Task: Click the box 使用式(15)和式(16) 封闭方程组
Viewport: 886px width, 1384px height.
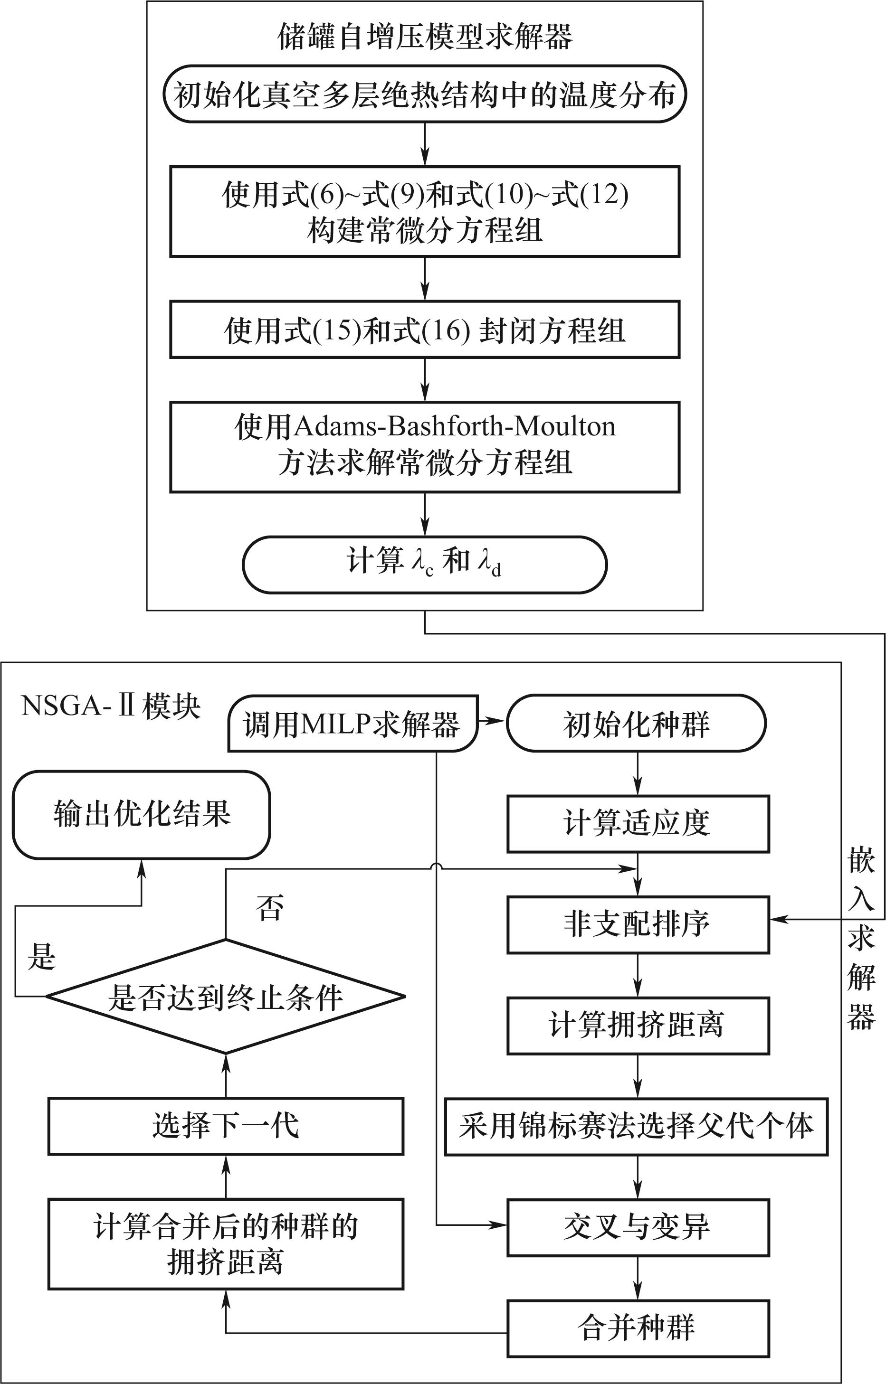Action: point(425,330)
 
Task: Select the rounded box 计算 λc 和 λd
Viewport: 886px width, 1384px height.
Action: point(425,564)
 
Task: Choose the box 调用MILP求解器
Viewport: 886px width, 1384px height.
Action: point(352,724)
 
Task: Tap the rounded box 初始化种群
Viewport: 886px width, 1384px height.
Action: point(636,724)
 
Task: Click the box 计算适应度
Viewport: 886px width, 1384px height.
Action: point(638,823)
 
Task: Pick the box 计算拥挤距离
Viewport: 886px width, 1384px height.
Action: point(638,1025)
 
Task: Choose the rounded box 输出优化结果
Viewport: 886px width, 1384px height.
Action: point(142,814)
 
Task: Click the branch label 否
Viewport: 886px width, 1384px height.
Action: point(270,908)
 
